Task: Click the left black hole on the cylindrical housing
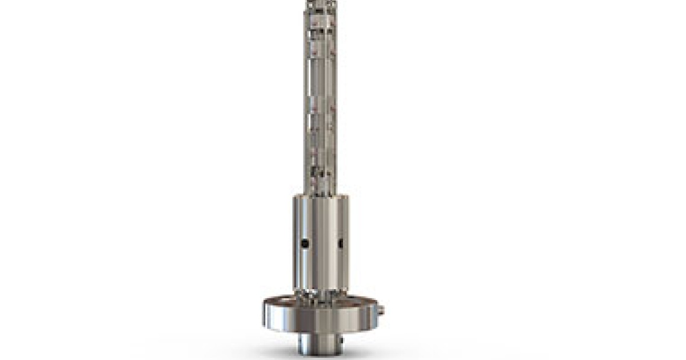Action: [305, 243]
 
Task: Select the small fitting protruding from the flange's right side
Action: [381, 310]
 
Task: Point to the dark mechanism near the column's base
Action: [313, 170]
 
